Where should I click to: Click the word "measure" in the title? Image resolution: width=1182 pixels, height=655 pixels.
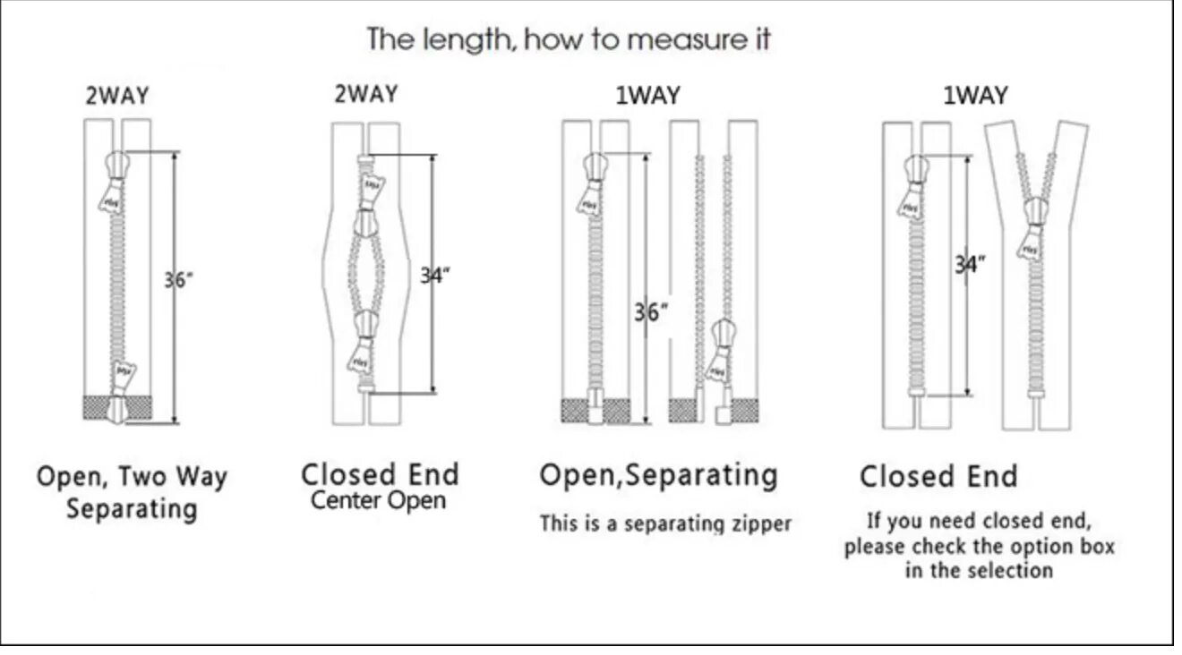[x=682, y=40]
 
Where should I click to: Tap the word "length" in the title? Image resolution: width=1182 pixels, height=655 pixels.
[x=467, y=40]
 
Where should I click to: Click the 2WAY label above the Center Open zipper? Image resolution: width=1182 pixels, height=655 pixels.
[x=365, y=93]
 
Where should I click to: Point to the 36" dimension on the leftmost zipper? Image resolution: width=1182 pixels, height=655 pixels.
[x=177, y=279]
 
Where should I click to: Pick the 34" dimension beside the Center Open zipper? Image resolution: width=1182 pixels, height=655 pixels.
[x=435, y=275]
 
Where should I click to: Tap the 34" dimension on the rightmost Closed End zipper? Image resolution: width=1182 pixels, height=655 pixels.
[x=969, y=264]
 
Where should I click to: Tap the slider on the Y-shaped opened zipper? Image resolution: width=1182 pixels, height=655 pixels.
[x=1035, y=213]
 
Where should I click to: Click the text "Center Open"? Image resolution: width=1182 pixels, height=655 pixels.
[x=378, y=500]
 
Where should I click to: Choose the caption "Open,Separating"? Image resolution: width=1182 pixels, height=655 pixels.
[x=658, y=475]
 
